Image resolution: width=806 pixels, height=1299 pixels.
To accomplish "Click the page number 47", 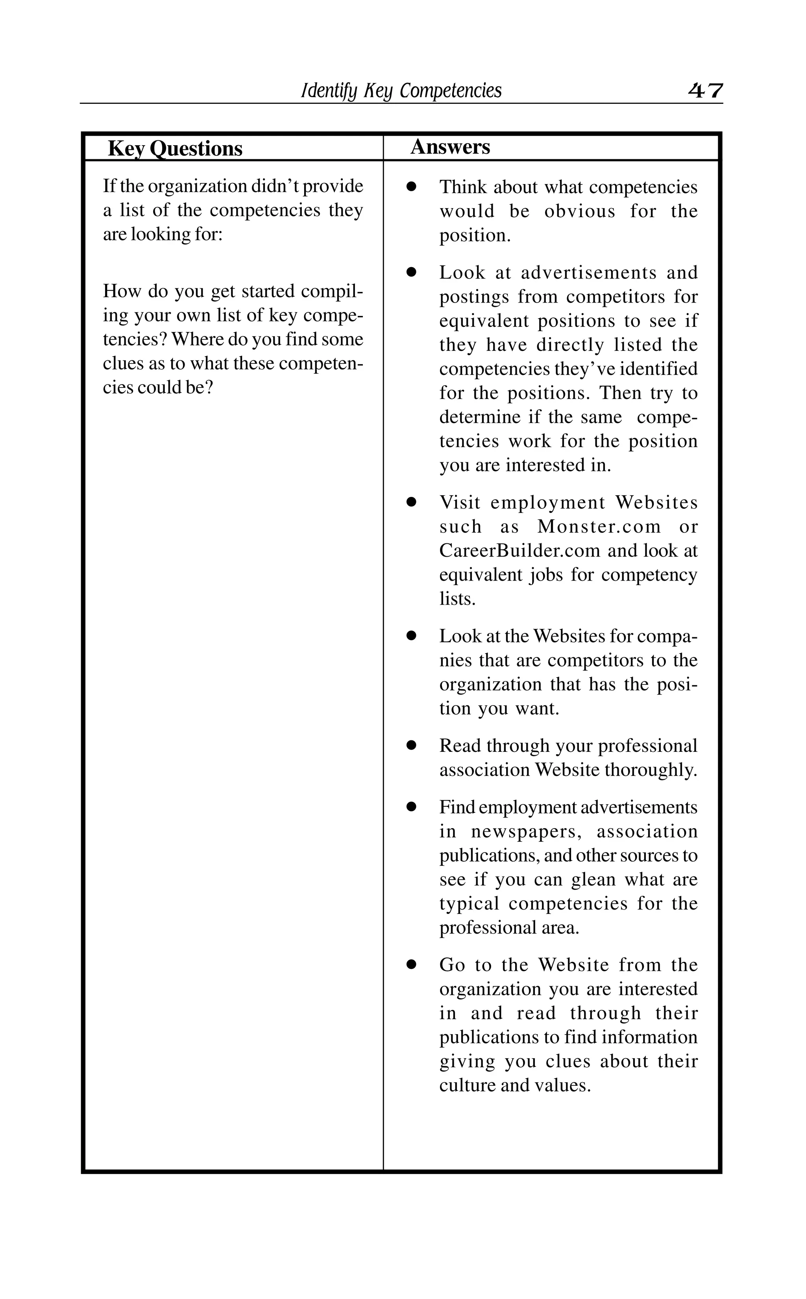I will point(705,90).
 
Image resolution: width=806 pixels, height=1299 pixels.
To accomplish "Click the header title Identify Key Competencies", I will point(401,90).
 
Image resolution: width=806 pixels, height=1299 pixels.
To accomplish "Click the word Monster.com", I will point(599,526).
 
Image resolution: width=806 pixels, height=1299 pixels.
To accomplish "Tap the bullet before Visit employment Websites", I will point(411,502).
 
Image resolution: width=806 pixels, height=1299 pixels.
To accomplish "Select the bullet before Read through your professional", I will point(411,746).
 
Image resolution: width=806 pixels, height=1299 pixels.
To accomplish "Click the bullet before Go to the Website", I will point(411,965).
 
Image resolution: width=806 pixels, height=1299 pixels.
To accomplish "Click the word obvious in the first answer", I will point(579,212).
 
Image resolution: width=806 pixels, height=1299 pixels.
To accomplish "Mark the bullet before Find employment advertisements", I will point(411,807).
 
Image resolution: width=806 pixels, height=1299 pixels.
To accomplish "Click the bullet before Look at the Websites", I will point(411,636).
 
